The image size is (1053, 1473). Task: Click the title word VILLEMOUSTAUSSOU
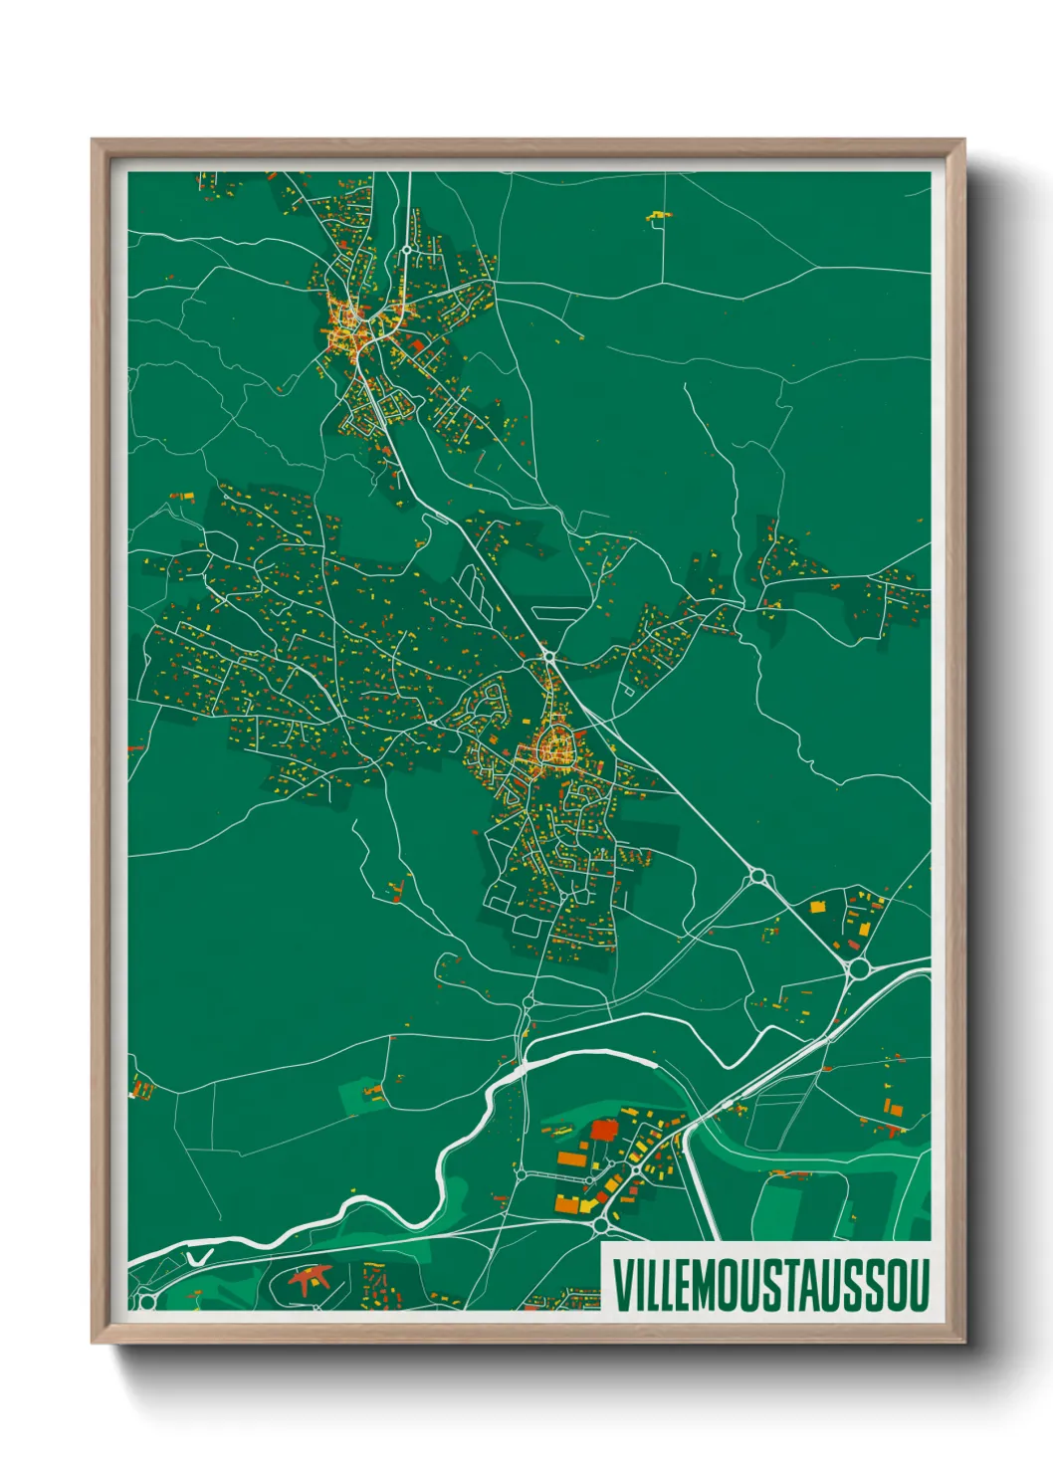click(770, 1284)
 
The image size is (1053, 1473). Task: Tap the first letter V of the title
click(621, 1284)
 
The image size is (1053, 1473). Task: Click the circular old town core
click(552, 746)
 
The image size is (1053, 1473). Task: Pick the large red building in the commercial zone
click(603, 1130)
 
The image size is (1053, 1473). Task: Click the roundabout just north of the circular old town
click(548, 657)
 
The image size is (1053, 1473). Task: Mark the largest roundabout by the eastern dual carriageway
click(859, 967)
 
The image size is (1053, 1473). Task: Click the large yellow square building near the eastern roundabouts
click(818, 907)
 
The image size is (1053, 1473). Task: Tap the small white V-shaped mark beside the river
click(199, 1258)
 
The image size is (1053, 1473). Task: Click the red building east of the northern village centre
click(418, 344)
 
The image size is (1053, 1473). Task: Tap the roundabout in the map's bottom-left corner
click(147, 1300)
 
